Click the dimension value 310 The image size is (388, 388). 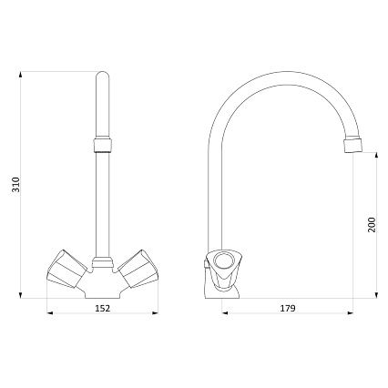[15, 184]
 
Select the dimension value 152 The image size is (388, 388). [103, 309]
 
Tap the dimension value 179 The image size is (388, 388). [288, 309]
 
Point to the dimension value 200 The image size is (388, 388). [372, 225]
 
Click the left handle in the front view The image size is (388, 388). [66, 269]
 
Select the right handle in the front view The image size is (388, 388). [138, 269]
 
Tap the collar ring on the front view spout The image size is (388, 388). [102, 145]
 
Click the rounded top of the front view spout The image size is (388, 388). [102, 75]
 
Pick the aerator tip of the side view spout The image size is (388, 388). [353, 146]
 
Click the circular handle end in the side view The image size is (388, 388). [223, 260]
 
